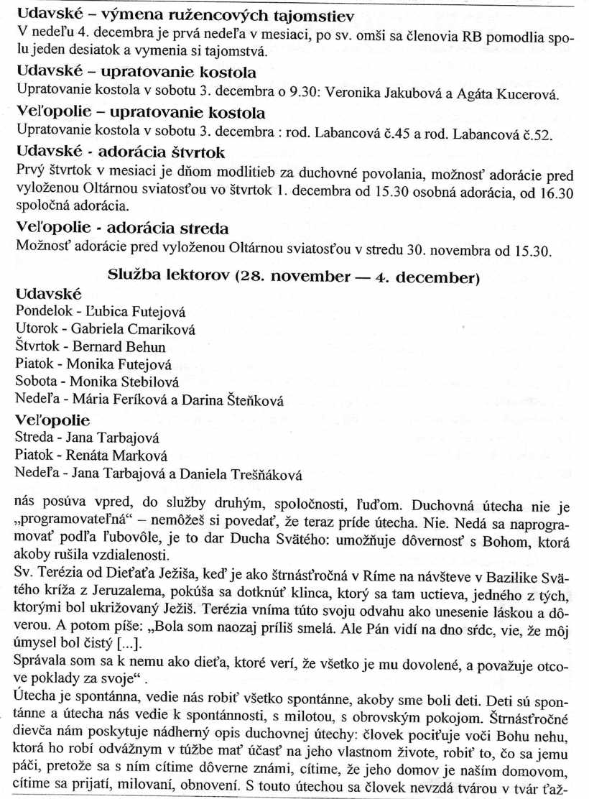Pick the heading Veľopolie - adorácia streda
pos(122,228)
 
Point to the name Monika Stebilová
pos(123,382)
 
